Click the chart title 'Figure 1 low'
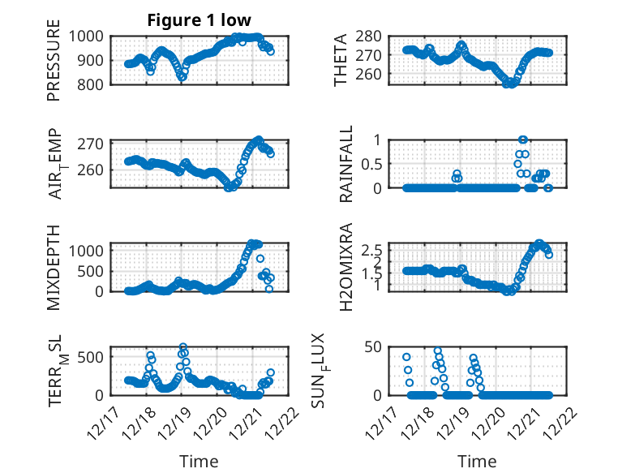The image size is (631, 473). (x=199, y=20)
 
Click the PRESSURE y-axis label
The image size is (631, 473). (x=54, y=66)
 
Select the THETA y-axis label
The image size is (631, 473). (x=341, y=60)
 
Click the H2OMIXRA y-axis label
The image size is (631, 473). (x=341, y=266)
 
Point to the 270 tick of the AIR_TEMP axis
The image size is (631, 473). (x=92, y=144)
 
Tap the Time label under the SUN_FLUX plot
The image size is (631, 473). (x=478, y=462)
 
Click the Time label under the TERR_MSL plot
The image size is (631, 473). (x=199, y=462)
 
